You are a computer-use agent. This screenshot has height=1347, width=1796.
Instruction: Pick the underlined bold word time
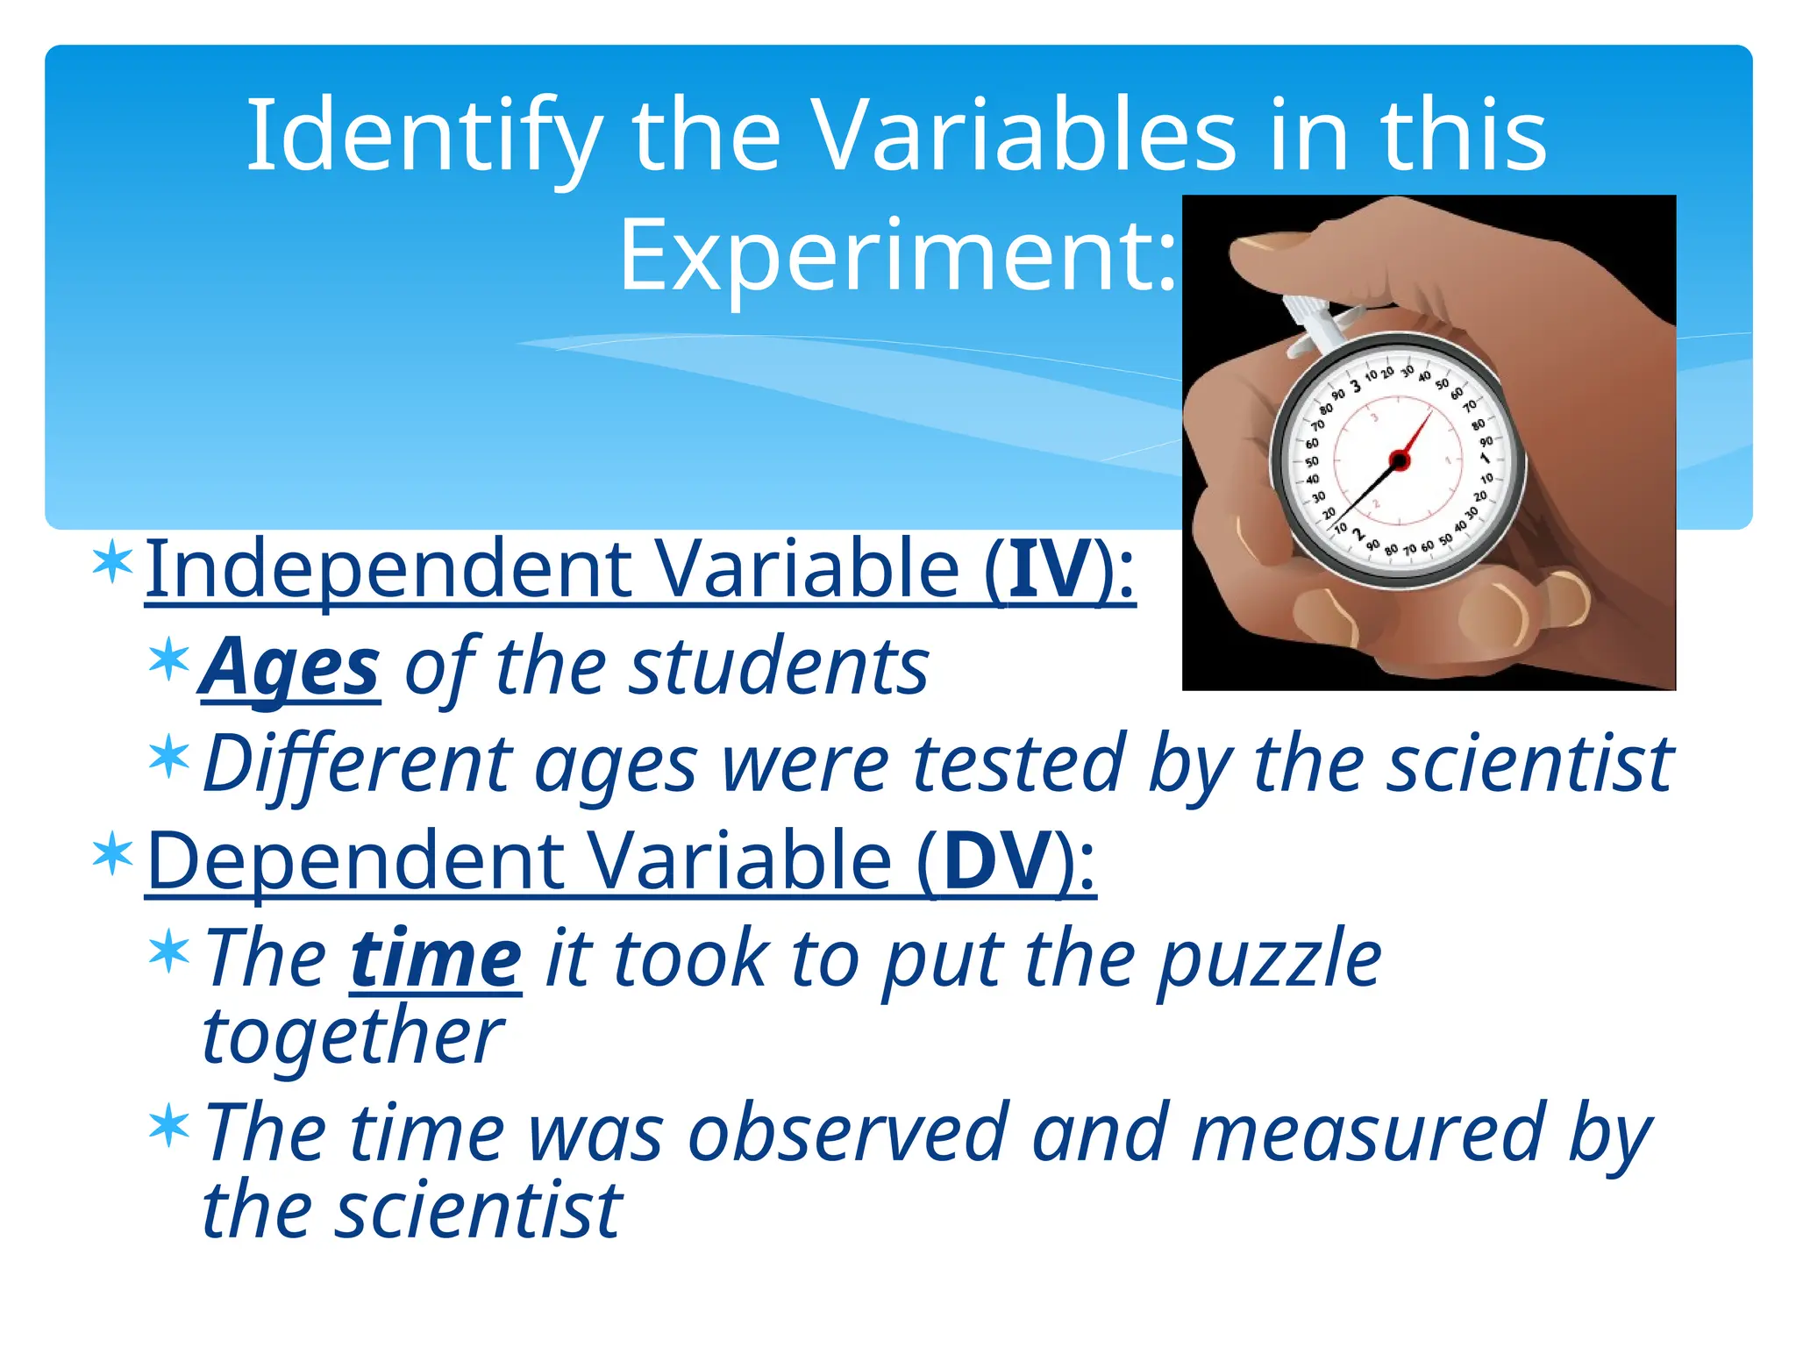436,959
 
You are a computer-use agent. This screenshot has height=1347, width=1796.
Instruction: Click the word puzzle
1269,959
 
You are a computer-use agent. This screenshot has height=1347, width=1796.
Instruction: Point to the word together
353,1037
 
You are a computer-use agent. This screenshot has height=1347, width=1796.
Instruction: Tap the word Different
357,764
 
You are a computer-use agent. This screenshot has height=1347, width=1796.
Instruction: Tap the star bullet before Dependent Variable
113,855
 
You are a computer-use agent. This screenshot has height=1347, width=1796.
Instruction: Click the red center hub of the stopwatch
1400,460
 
